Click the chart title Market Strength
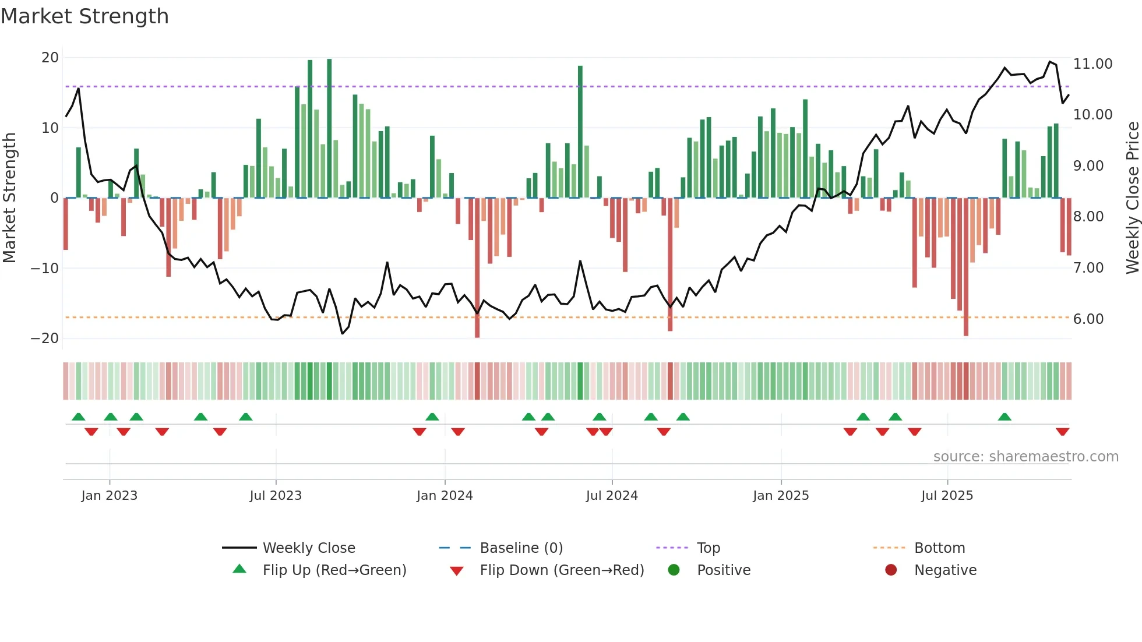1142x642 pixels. pyautogui.click(x=84, y=16)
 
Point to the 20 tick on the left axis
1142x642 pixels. pyautogui.click(x=50, y=58)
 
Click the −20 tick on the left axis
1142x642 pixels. pyautogui.click(x=45, y=338)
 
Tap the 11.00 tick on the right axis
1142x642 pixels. pyautogui.click(x=1092, y=64)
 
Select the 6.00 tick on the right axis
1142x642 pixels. pyautogui.click(x=1088, y=319)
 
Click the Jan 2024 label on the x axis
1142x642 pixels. pyautogui.click(x=445, y=496)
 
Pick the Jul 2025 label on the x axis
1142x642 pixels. pyautogui.click(x=947, y=496)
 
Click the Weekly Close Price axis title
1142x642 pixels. pyautogui.click(x=1132, y=198)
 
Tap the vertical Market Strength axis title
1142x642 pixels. pyautogui.click(x=10, y=198)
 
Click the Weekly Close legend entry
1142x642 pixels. pyautogui.click(x=308, y=548)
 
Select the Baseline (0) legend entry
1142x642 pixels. pyautogui.click(x=521, y=548)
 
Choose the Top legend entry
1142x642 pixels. pyautogui.click(x=708, y=548)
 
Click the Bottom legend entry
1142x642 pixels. pyautogui.click(x=939, y=548)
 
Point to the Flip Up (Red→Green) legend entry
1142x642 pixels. pyautogui.click(x=334, y=570)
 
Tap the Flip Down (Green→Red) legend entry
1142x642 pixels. pyautogui.click(x=562, y=570)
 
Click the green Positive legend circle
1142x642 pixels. pyautogui.click(x=674, y=570)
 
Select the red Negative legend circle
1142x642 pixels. pyautogui.click(x=891, y=570)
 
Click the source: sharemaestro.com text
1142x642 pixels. pyautogui.click(x=1025, y=457)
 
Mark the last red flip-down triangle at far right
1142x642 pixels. pyautogui.click(x=1062, y=432)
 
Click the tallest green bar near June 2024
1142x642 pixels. pyautogui.click(x=580, y=132)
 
